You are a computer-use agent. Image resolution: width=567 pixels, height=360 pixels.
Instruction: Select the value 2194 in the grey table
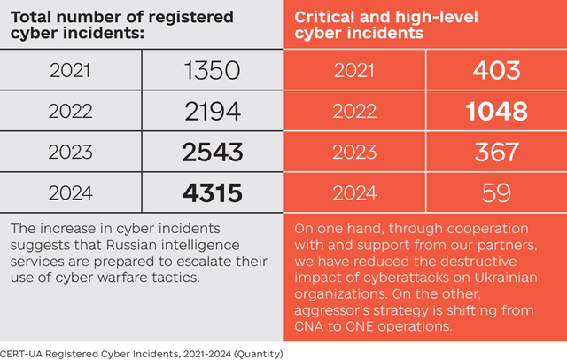coord(212,112)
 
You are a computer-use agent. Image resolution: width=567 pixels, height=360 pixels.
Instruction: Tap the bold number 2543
coord(212,152)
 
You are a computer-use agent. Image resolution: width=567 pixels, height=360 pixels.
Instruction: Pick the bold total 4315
coord(212,192)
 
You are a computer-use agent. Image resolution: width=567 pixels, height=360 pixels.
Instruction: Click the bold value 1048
coord(495,112)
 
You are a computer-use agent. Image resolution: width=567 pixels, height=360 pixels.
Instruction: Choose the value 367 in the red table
coord(495,152)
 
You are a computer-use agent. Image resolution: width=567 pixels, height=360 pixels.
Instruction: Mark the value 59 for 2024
coord(495,192)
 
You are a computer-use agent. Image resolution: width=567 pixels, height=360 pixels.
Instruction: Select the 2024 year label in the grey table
coord(71,192)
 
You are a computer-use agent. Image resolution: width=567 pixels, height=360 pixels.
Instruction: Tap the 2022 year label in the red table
coord(353,112)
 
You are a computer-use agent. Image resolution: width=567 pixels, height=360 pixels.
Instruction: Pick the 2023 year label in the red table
coord(353,152)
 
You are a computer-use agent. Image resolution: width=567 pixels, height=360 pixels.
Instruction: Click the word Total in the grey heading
coord(31,17)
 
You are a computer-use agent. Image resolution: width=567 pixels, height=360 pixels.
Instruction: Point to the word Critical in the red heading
coord(323,17)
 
